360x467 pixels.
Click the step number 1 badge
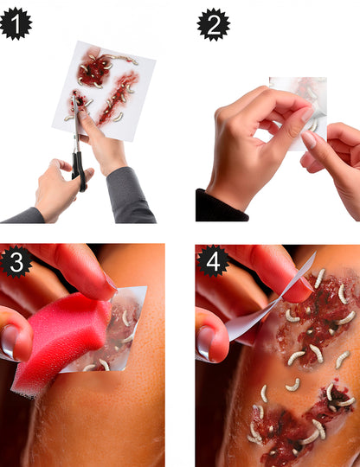(16, 24)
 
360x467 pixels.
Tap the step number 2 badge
(214, 25)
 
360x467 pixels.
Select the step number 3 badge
(16, 262)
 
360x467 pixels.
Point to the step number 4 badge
(213, 261)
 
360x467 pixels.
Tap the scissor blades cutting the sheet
(75, 122)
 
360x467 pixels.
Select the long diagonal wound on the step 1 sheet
(118, 97)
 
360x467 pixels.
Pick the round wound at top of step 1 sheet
(93, 70)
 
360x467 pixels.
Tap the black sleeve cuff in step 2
(221, 207)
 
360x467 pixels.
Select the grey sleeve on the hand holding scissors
(22, 216)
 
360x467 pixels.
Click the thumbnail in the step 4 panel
(206, 342)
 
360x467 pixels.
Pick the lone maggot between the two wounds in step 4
(293, 385)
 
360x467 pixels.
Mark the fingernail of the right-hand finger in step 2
(309, 139)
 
